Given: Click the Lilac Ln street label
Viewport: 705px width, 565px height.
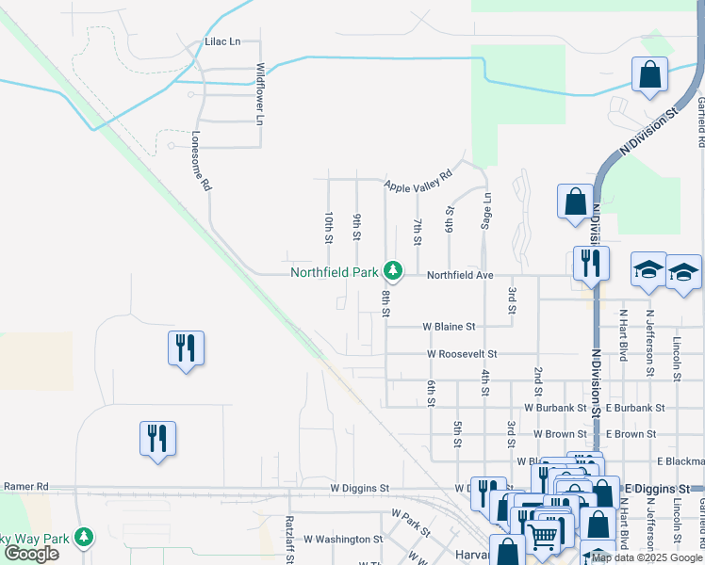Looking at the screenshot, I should tap(223, 41).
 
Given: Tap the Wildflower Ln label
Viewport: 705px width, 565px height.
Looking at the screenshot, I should tap(260, 94).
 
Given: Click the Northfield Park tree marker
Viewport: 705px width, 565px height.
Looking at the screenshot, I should tap(393, 272).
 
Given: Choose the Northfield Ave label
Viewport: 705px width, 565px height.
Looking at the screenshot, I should tap(460, 275).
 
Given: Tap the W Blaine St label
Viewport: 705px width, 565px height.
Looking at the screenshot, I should tap(450, 326).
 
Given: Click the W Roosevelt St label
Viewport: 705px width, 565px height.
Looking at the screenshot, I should tap(462, 354).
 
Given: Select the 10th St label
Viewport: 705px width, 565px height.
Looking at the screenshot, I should tap(328, 227).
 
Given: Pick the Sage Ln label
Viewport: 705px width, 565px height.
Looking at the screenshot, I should tap(486, 211).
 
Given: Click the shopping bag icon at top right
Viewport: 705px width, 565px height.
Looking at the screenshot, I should tap(650, 74).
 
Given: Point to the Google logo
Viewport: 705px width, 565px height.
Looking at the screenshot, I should tap(31, 553).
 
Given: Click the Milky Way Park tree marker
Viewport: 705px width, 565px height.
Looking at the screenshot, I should tap(85, 536).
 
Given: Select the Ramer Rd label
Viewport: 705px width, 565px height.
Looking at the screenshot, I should tap(25, 486).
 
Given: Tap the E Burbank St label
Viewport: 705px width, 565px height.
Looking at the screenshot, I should tap(635, 408).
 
